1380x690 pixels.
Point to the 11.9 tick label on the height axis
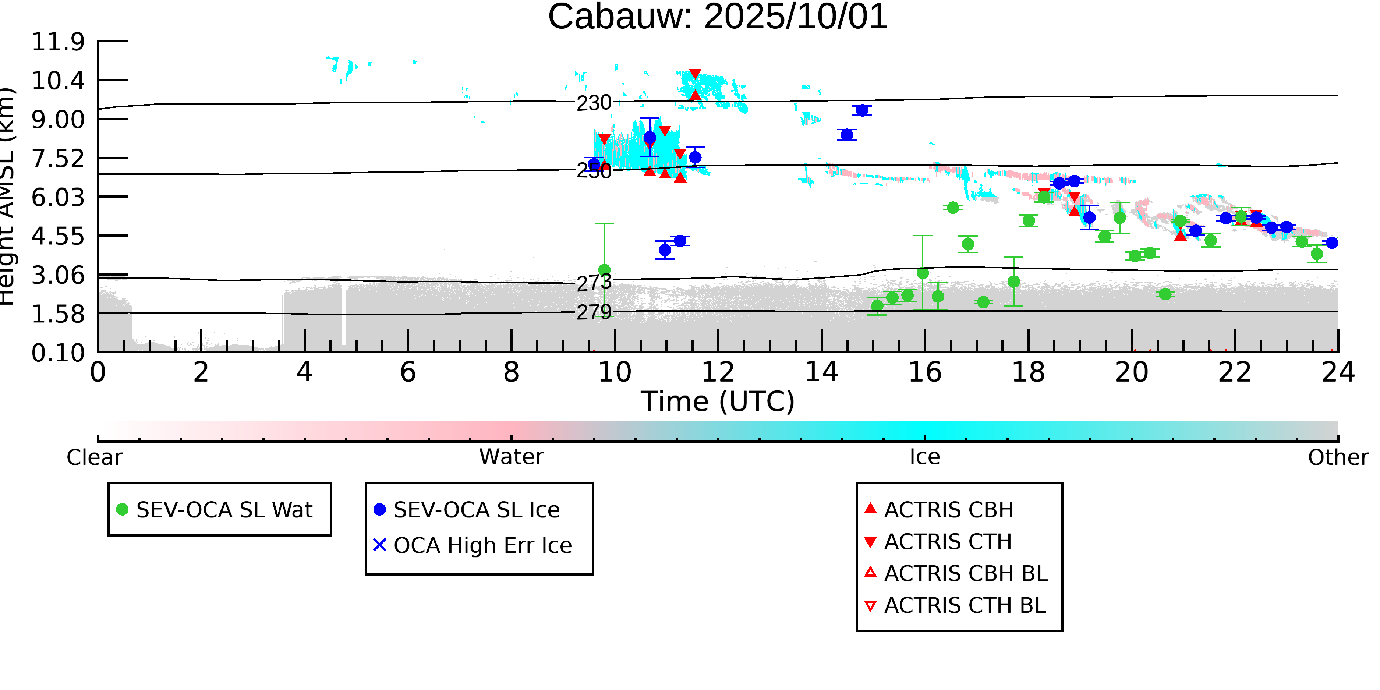click(x=58, y=42)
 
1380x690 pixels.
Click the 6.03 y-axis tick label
click(x=58, y=198)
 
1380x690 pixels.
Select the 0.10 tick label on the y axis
click(x=58, y=353)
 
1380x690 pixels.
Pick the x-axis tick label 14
click(x=821, y=373)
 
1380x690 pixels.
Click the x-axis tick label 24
click(x=1338, y=373)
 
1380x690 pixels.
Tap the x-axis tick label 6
click(x=408, y=373)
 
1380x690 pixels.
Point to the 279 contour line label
click(x=594, y=312)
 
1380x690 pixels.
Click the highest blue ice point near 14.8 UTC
click(x=862, y=110)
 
